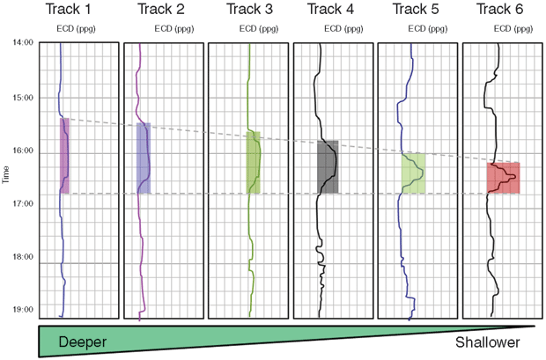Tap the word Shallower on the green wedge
[x=489, y=342]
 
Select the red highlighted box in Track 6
[x=503, y=177]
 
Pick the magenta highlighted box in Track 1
[x=64, y=155]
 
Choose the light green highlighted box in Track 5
[x=413, y=173]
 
